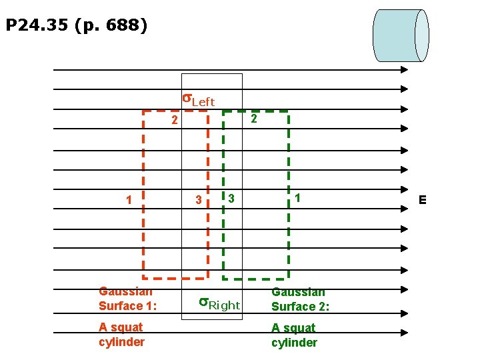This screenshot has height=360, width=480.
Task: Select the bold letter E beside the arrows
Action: pyautogui.click(x=422, y=200)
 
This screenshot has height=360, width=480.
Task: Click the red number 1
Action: pyautogui.click(x=129, y=200)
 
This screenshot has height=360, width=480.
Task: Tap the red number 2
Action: pyautogui.click(x=175, y=121)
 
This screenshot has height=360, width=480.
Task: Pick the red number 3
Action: pyautogui.click(x=198, y=200)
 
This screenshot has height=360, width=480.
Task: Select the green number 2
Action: pyautogui.click(x=253, y=119)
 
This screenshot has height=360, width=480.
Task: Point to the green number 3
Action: pyautogui.click(x=231, y=198)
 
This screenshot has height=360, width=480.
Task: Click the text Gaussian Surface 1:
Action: pyautogui.click(x=127, y=299)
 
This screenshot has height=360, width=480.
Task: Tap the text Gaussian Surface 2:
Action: pyautogui.click(x=300, y=299)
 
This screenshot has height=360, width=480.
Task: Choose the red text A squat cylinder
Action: pyautogui.click(x=121, y=335)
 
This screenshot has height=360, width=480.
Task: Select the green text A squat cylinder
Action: pyautogui.click(x=293, y=335)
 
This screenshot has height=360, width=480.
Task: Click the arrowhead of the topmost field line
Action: pyautogui.click(x=404, y=69)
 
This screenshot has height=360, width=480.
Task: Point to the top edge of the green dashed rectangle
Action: pyautogui.click(x=255, y=111)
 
